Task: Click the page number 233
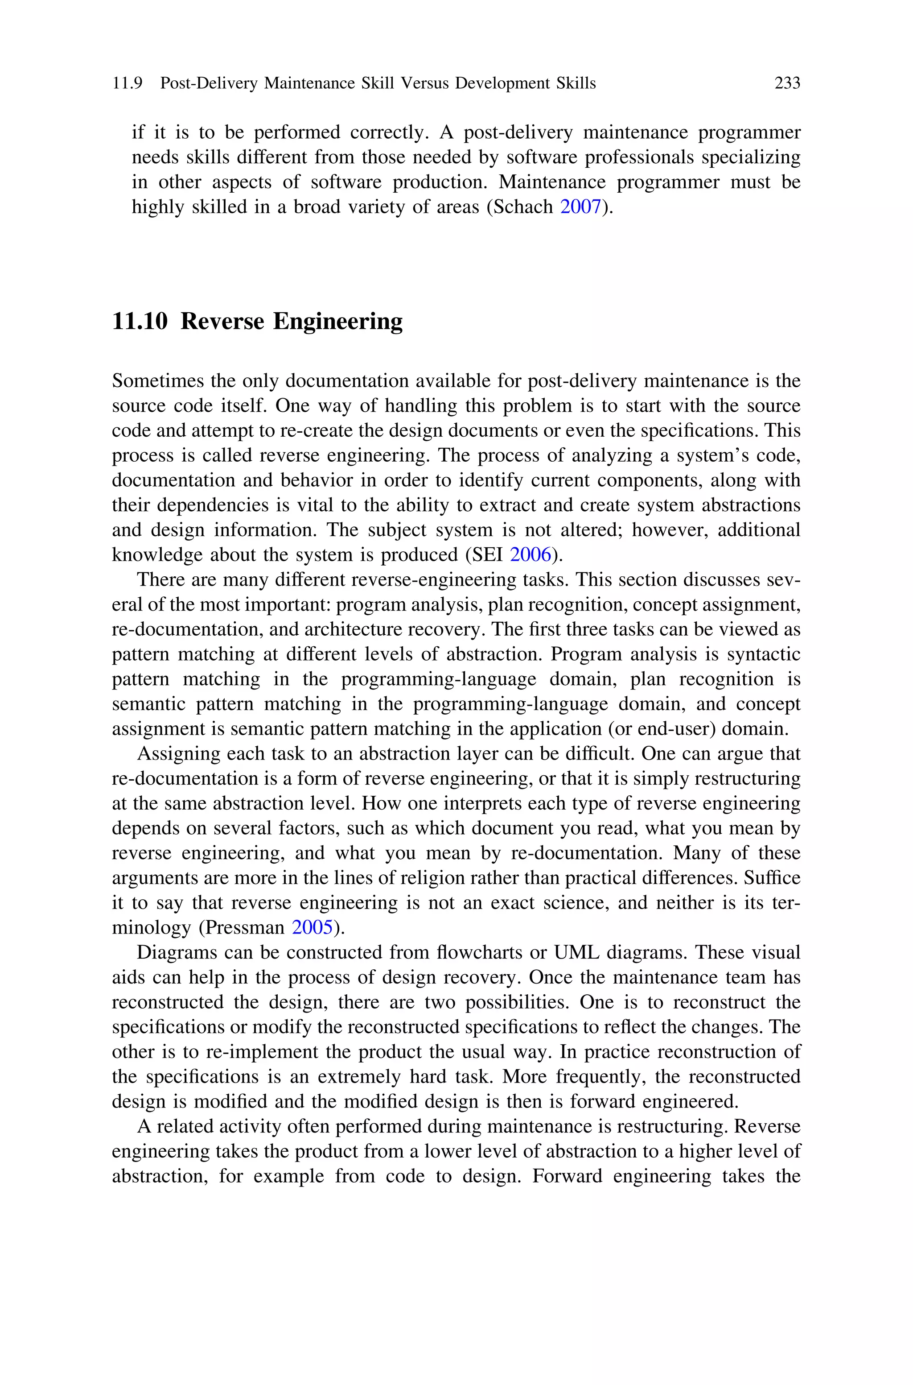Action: (x=787, y=83)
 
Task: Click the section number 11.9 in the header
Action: (x=127, y=83)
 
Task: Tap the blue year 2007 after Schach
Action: (x=580, y=207)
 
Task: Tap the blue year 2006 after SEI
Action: (x=531, y=554)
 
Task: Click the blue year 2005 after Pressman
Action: (x=312, y=927)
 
